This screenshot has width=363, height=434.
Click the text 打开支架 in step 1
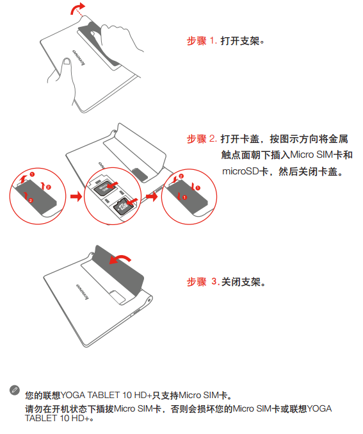click(240, 41)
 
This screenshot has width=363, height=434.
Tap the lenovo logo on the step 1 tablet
click(79, 57)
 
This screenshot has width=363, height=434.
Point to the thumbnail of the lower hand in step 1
click(67, 61)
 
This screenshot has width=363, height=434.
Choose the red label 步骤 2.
click(202, 138)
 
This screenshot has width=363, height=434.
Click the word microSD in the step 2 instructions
click(240, 171)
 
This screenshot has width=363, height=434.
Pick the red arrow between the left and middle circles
click(76, 197)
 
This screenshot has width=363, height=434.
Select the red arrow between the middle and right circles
click(152, 197)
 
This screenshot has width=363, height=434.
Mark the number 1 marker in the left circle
click(33, 174)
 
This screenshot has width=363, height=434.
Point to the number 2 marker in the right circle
click(181, 176)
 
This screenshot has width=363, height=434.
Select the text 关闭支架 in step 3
click(241, 282)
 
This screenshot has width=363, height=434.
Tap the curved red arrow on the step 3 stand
click(120, 259)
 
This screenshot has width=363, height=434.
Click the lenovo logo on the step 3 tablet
click(83, 292)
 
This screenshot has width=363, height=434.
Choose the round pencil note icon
click(15, 390)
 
